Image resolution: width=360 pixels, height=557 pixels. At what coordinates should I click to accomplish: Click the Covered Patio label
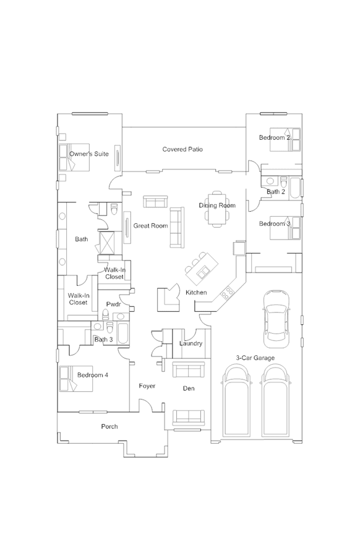pos(182,149)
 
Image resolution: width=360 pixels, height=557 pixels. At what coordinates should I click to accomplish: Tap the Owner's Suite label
pos(89,154)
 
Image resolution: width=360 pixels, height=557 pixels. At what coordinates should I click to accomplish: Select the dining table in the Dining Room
pos(216,209)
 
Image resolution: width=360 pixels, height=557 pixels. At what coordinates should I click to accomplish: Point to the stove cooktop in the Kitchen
pos(227,292)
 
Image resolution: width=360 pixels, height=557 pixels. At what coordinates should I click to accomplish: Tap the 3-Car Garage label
pos(255,358)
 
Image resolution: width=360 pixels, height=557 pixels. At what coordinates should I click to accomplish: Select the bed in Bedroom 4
pos(76,379)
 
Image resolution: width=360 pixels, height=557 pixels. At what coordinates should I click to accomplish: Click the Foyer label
pos(147,386)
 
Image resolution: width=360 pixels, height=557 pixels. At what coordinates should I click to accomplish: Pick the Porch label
pos(109,426)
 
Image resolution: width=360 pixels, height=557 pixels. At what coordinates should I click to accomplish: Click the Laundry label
pos(191,343)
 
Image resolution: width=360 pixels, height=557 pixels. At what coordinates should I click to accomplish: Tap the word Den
pos(189,388)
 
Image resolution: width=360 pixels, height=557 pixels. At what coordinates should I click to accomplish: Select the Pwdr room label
pos(114,304)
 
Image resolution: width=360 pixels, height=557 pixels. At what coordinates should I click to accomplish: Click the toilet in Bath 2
pos(283,181)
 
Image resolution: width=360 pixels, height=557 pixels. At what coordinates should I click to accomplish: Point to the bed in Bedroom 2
pos(285,140)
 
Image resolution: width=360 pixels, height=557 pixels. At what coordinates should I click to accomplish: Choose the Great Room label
pos(150,225)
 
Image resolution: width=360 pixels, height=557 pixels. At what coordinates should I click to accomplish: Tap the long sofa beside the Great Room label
pos(177,227)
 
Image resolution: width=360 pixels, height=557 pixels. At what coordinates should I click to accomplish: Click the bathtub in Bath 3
pos(123,333)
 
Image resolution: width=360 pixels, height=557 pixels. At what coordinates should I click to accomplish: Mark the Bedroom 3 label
pos(275,223)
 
